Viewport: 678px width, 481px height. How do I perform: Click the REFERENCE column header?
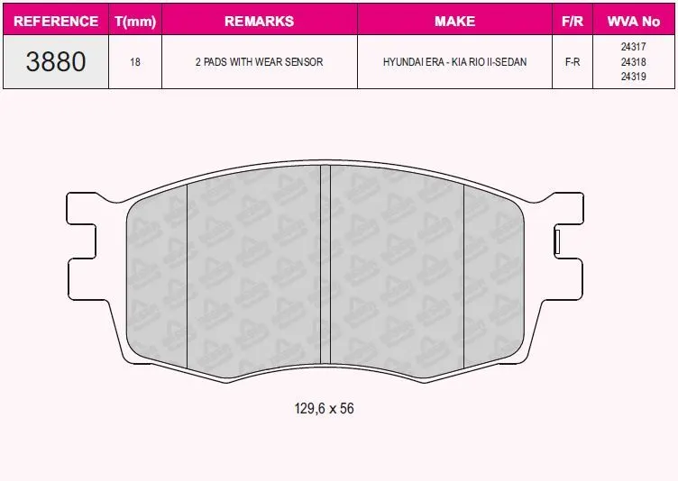pos(56,22)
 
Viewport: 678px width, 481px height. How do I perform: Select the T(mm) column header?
pos(135,22)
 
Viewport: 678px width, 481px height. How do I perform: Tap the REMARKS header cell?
pos(260,22)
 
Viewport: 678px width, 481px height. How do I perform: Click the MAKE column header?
pos(455,22)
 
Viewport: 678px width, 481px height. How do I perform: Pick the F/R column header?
pos(573,22)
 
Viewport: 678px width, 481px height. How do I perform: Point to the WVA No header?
pos(634,22)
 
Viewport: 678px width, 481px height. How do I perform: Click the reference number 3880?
pos(56,61)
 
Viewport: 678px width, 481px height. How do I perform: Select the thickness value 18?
pos(135,62)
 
